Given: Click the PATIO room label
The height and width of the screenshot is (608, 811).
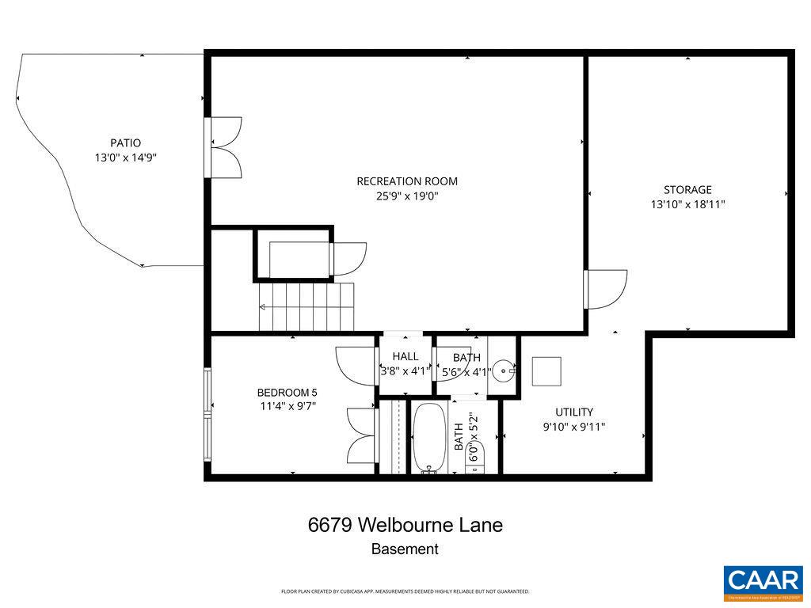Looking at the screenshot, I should click(125, 143).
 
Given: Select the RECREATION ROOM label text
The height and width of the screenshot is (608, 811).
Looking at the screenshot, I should click(407, 181).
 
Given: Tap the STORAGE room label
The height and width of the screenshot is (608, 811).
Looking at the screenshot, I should click(687, 190).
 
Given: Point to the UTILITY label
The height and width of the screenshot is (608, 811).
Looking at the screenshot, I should click(573, 412).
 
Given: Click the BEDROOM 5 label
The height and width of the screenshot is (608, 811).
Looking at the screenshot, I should click(287, 393).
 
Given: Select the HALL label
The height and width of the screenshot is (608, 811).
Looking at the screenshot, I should click(405, 357).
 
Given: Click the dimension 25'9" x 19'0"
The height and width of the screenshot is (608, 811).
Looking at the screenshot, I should click(407, 196).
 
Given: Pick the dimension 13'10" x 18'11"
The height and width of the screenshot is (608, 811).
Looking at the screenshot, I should click(687, 204).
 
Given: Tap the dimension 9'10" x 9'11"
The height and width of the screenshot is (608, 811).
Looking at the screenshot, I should click(573, 427).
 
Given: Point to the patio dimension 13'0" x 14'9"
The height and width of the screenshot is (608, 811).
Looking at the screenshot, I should click(125, 158).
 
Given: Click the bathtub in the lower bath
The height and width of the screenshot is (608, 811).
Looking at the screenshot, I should click(428, 438).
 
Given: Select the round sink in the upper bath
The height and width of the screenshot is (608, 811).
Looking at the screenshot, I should click(504, 369).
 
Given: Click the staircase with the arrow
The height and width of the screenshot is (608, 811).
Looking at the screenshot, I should click(306, 306).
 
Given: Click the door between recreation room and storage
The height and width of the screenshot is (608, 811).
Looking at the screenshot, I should click(605, 289).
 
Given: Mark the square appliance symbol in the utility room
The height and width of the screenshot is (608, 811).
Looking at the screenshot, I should click(546, 371).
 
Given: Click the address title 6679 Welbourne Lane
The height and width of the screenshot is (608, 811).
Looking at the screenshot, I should click(405, 525).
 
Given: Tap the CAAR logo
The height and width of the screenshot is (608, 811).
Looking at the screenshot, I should click(763, 583).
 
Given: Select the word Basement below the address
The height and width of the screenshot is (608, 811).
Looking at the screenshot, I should click(405, 549).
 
